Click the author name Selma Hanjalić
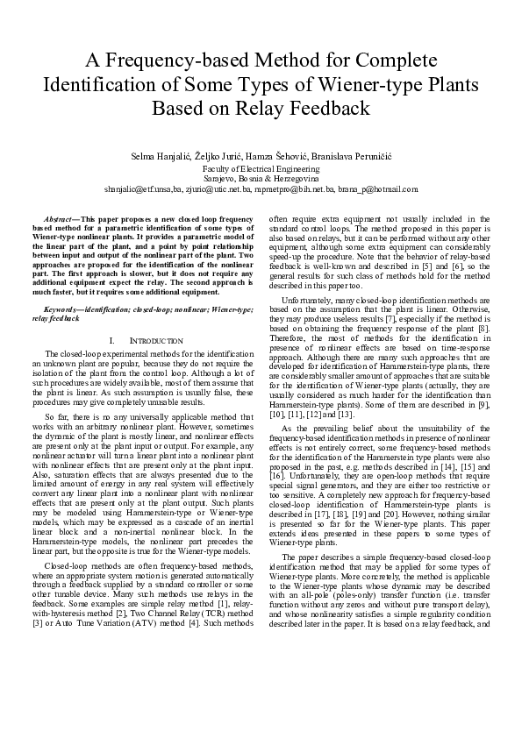(160, 154)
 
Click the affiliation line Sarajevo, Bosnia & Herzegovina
(261, 177)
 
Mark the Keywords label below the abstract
(63, 309)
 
